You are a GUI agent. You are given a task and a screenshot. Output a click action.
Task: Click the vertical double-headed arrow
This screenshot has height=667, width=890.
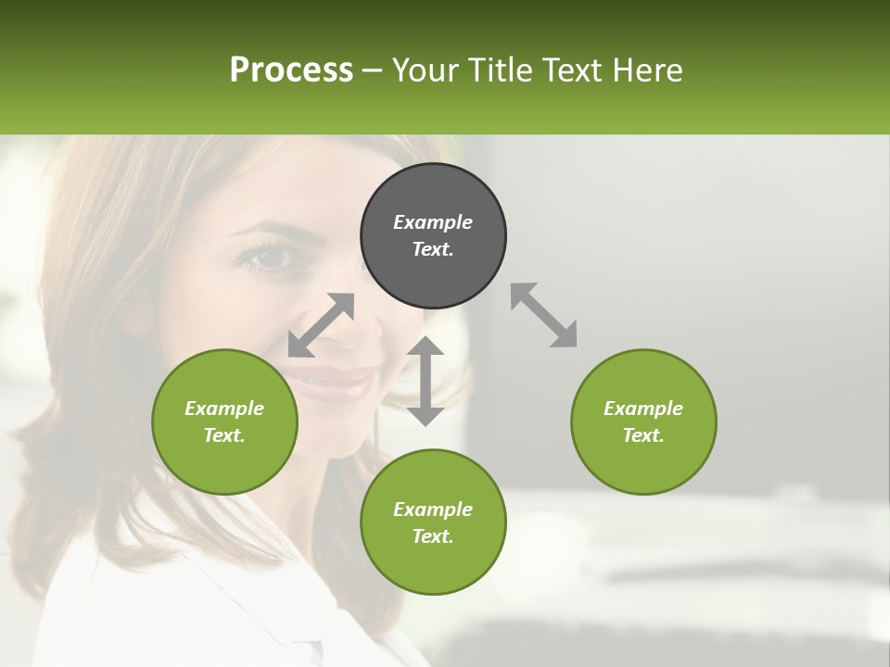click(x=426, y=381)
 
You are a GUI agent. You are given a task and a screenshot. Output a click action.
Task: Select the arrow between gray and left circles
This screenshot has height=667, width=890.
click(x=321, y=325)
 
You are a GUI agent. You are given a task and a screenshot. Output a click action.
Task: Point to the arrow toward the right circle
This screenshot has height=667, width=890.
click(x=544, y=315)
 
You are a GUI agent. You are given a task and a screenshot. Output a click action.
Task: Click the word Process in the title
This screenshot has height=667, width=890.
click(x=291, y=70)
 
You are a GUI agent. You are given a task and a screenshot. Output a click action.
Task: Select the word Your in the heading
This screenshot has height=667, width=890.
click(x=426, y=70)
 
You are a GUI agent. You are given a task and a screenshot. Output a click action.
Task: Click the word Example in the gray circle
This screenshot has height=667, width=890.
click(x=433, y=222)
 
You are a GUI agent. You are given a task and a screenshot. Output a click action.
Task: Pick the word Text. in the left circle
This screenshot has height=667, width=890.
click(x=224, y=435)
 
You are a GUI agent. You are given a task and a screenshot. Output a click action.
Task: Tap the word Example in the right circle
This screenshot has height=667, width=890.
click(x=643, y=409)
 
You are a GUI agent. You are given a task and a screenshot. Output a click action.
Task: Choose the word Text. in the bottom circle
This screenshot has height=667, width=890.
click(x=433, y=536)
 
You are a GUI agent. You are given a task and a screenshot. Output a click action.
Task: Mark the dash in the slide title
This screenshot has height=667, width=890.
click(x=373, y=70)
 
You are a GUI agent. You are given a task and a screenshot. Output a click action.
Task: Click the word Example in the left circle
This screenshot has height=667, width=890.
click(x=224, y=409)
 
